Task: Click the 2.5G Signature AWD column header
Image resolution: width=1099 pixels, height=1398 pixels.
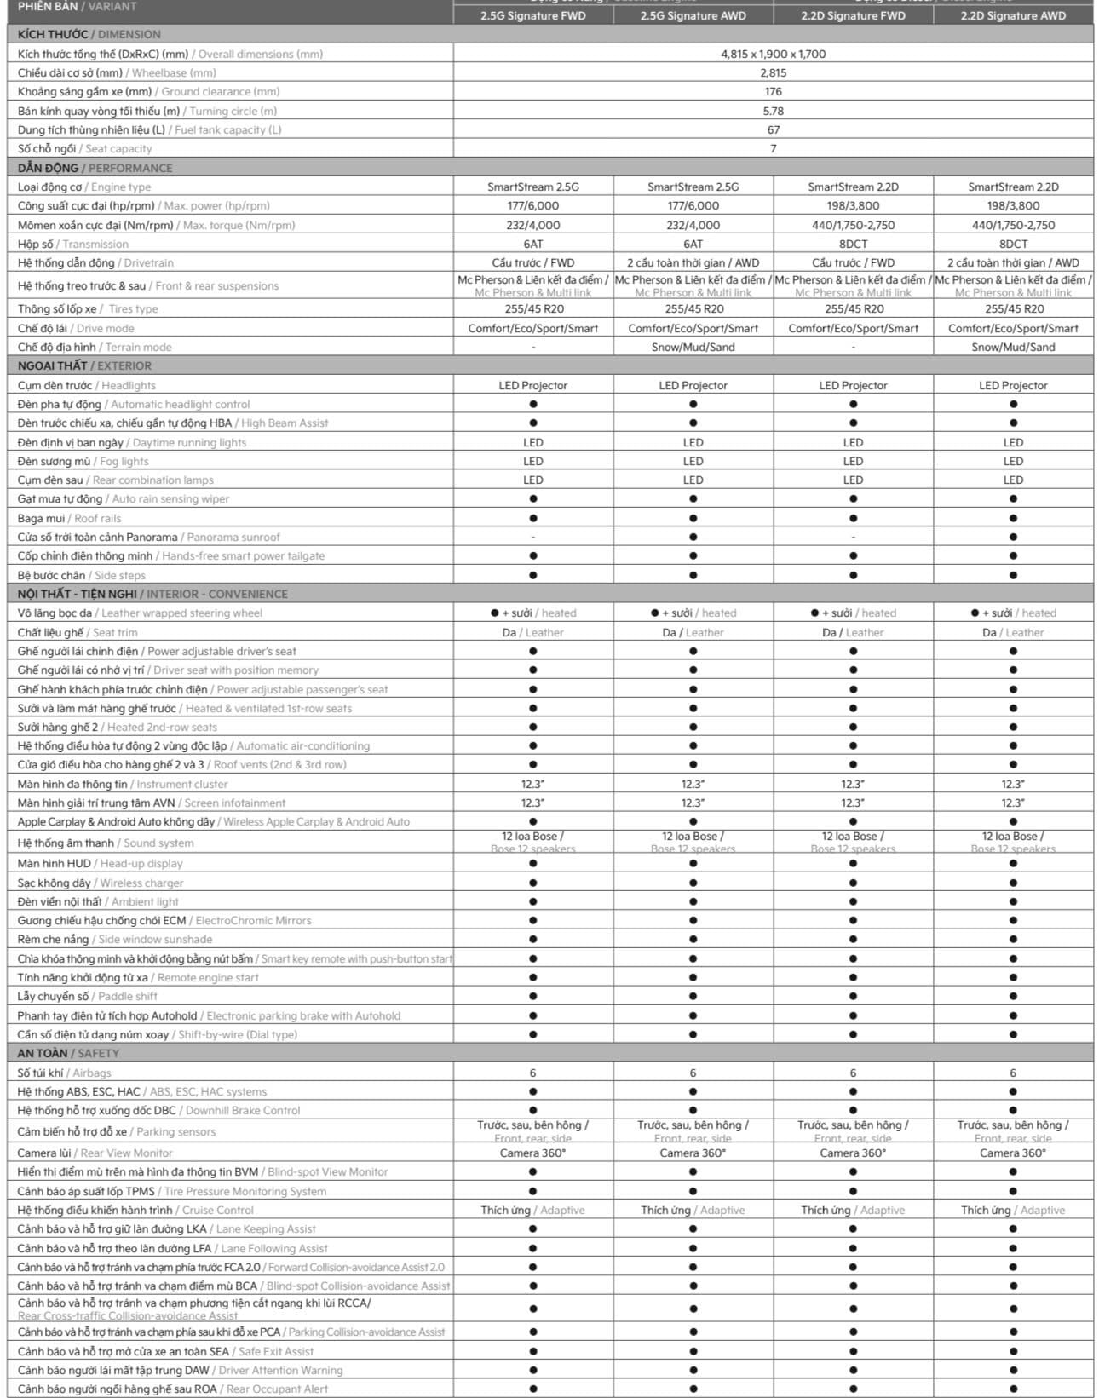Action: coord(693,15)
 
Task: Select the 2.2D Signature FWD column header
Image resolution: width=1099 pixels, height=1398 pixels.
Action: coord(853,15)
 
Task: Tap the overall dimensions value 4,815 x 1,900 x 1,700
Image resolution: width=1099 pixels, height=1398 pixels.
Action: coord(773,54)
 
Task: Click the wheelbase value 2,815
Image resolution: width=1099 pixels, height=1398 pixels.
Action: coord(773,72)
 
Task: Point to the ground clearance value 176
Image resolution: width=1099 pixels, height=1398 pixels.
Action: coord(773,91)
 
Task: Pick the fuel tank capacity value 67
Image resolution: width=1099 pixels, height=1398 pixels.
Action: coord(773,129)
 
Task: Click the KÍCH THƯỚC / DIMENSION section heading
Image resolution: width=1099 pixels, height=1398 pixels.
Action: coord(89,34)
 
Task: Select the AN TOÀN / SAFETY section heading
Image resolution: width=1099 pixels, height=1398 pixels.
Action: coord(68,1053)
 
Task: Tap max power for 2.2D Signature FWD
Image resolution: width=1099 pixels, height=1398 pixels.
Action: coord(853,205)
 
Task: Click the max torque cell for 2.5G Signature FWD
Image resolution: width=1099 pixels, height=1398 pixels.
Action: coord(532,225)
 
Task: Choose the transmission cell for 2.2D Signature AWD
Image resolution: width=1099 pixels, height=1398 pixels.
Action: coord(1013,244)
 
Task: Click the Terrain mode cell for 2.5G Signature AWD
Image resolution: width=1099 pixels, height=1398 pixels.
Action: coord(693,347)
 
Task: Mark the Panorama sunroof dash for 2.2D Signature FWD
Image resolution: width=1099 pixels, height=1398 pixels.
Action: coord(853,538)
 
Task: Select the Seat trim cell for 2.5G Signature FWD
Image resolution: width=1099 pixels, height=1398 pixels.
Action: coord(532,632)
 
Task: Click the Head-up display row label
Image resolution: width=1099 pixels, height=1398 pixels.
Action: coord(100,863)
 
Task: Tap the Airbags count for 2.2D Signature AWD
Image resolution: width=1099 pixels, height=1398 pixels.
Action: coord(1013,1073)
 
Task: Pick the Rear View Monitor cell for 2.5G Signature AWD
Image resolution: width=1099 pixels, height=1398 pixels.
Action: coord(693,1153)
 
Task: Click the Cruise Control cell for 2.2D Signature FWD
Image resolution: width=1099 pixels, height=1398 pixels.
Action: coord(853,1210)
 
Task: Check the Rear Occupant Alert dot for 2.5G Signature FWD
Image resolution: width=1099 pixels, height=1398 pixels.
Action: coord(532,1389)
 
